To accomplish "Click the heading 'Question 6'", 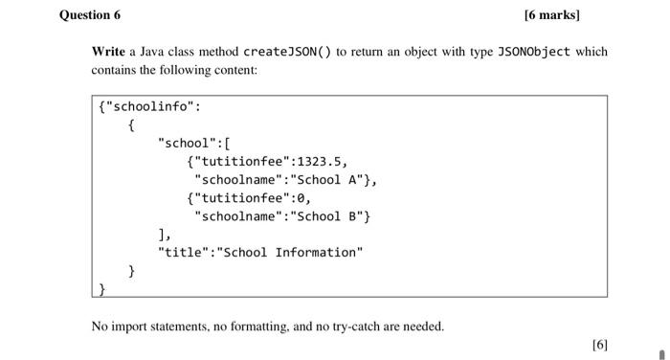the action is click(x=90, y=15).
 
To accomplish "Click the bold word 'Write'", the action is click(x=108, y=51).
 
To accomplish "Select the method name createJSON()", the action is click(x=287, y=51).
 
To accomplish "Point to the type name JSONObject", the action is click(x=530, y=51).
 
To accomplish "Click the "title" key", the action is click(x=183, y=252).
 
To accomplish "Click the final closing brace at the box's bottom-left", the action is click(x=102, y=287).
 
